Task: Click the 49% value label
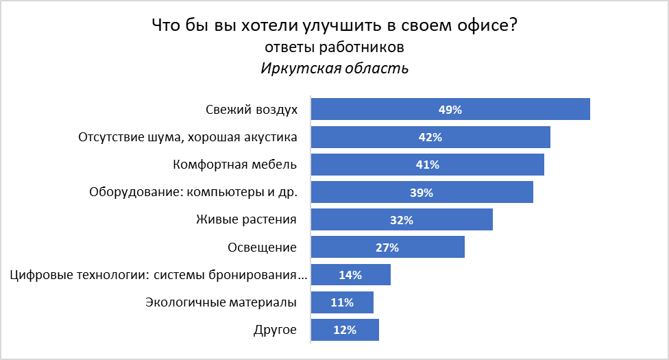pyautogui.click(x=450, y=110)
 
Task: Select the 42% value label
pyautogui.click(x=430, y=137)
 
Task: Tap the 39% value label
pyautogui.click(x=422, y=193)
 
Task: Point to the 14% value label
pyautogui.click(x=350, y=275)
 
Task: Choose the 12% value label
pyautogui.click(x=345, y=330)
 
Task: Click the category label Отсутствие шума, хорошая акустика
pyautogui.click(x=188, y=137)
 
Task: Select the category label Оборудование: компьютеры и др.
pyautogui.click(x=193, y=192)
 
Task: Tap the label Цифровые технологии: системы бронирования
pyautogui.click(x=159, y=275)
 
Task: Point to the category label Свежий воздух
pyautogui.click(x=251, y=110)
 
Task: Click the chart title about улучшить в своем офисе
pyautogui.click(x=334, y=27)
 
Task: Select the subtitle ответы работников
pyautogui.click(x=334, y=47)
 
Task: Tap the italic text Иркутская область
pyautogui.click(x=334, y=69)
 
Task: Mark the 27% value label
pyautogui.click(x=387, y=248)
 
